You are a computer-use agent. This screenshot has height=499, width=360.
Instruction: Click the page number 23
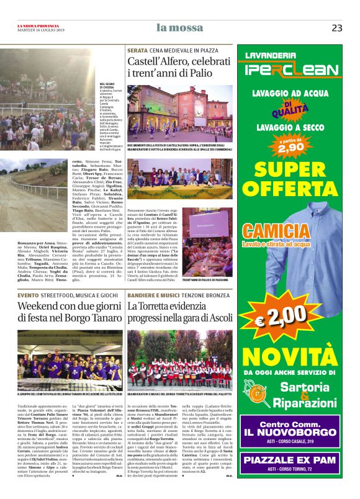point(337,27)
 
